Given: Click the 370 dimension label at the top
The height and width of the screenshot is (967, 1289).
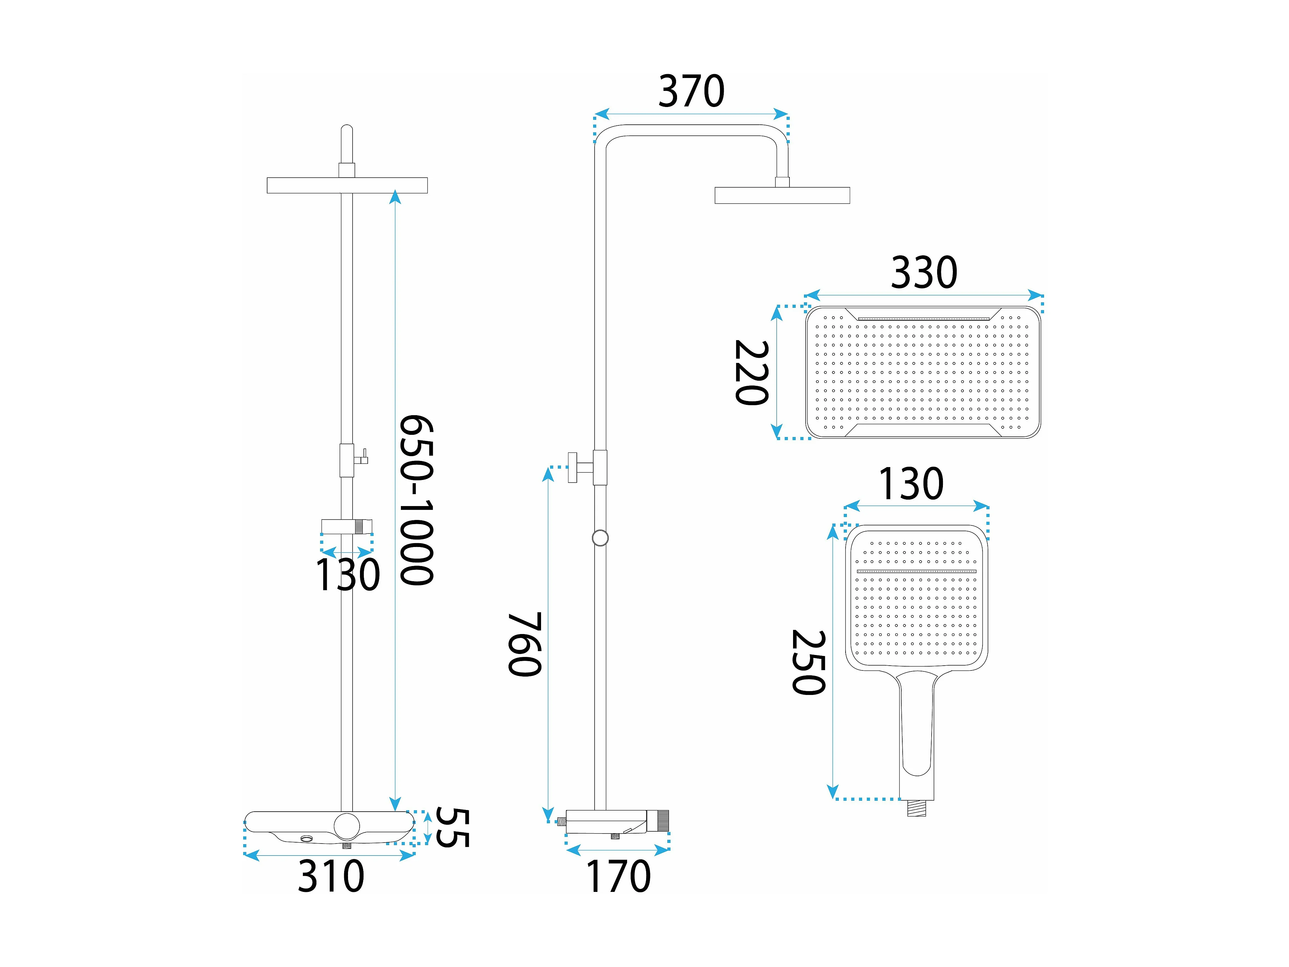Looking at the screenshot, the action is pyautogui.click(x=691, y=92).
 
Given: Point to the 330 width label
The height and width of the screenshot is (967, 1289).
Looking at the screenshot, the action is pyautogui.click(x=924, y=272).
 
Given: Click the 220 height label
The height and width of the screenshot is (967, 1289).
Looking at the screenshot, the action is pyautogui.click(x=752, y=373).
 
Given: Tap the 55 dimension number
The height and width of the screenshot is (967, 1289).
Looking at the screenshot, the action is pyautogui.click(x=452, y=828).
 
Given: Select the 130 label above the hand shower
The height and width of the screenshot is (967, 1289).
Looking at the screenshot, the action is pyautogui.click(x=911, y=484).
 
